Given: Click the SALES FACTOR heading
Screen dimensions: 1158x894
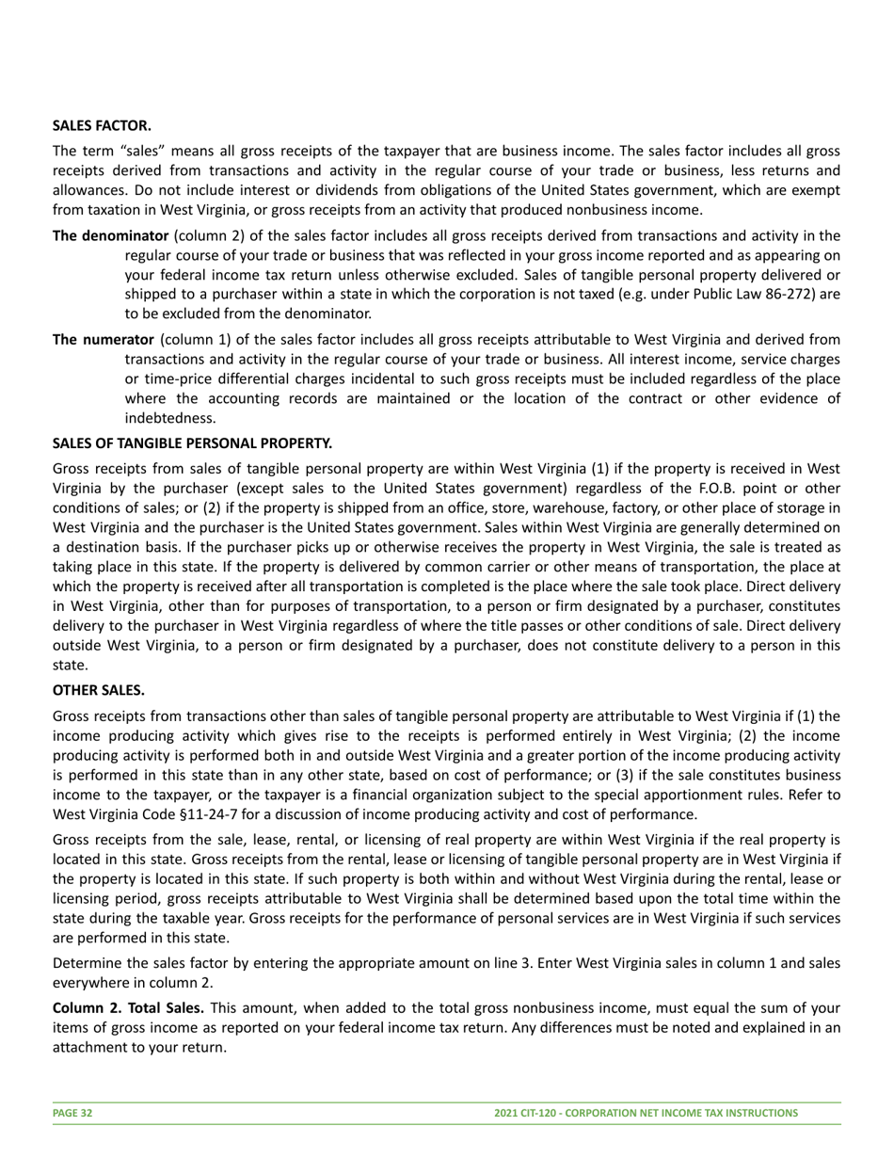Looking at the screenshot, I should tap(102, 125).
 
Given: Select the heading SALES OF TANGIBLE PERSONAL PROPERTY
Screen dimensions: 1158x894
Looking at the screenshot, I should tap(192, 442).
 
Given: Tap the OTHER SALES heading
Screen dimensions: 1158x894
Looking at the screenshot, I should tap(99, 690).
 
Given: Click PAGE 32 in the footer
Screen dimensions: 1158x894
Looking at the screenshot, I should tap(72, 1113).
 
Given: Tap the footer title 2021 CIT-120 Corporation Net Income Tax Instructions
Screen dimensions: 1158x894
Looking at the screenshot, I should tap(646, 1113).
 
